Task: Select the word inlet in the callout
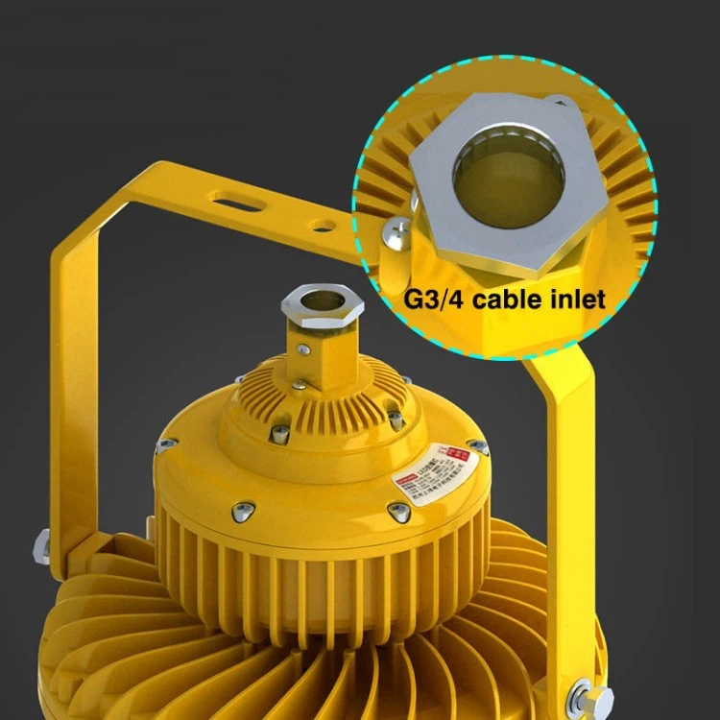point(577,300)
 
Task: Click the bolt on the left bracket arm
point(42,547)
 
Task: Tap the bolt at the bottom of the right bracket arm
point(581,694)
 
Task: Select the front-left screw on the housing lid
point(243,510)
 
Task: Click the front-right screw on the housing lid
point(400,512)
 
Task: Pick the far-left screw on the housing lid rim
point(165,444)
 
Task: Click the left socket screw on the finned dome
point(279,433)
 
